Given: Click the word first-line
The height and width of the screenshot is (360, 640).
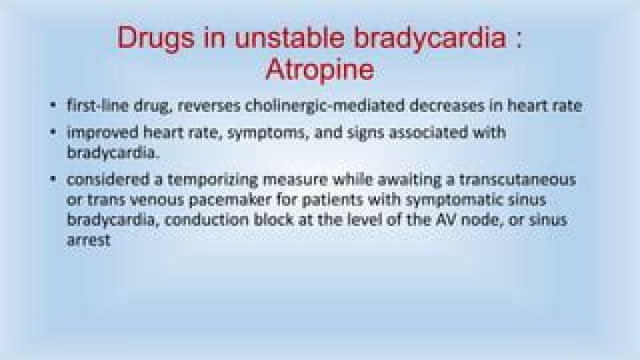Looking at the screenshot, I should (x=94, y=107).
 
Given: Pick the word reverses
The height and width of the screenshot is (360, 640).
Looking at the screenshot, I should (x=209, y=107).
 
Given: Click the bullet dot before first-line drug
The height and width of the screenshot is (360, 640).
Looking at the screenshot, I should (x=54, y=108).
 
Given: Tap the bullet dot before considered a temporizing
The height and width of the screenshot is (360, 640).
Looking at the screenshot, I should (x=54, y=180).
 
